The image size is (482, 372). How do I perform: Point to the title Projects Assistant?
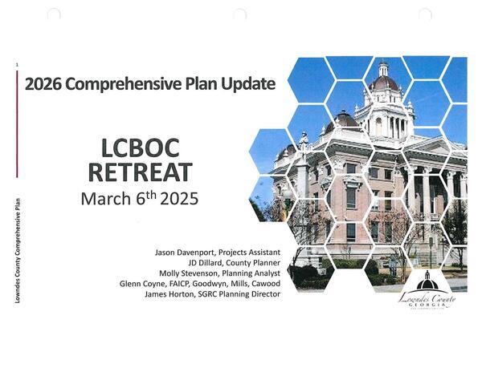coord(250,253)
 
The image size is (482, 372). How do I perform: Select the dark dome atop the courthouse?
coord(383,82)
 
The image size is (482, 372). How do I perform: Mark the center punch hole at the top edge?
coord(239,14)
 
